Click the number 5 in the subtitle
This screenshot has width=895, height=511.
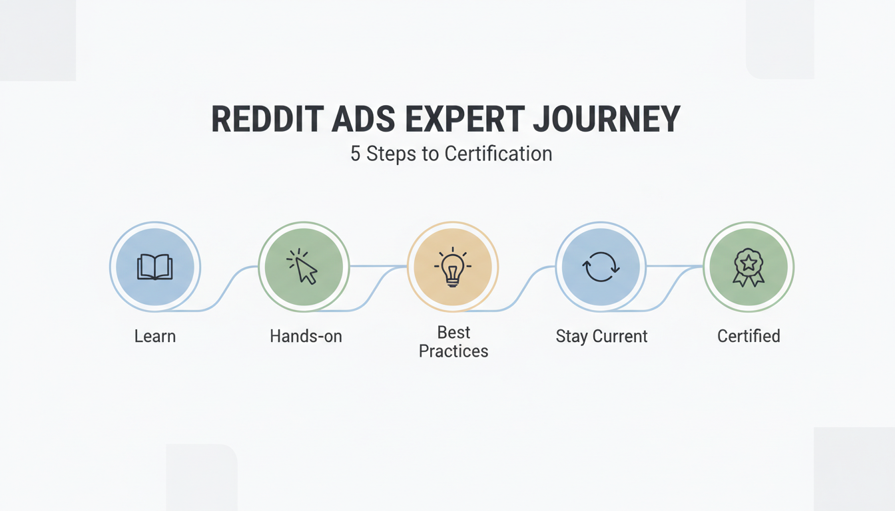pos(356,154)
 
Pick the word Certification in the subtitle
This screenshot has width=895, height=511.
pos(498,154)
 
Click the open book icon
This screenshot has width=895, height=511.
pos(154,267)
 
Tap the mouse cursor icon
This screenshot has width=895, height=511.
pos(303,267)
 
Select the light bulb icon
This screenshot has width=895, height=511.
pos(452,267)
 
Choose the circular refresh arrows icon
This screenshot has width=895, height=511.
pos(601,267)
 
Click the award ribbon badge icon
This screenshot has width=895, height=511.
pos(748,267)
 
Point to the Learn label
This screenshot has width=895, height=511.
pos(154,336)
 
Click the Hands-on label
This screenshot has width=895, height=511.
pos(306,336)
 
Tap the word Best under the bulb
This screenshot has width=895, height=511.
pos(453,332)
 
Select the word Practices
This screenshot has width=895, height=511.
pos(453,351)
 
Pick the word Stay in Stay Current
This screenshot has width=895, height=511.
pos(571,336)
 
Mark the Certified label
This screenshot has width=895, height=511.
pos(748,336)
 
